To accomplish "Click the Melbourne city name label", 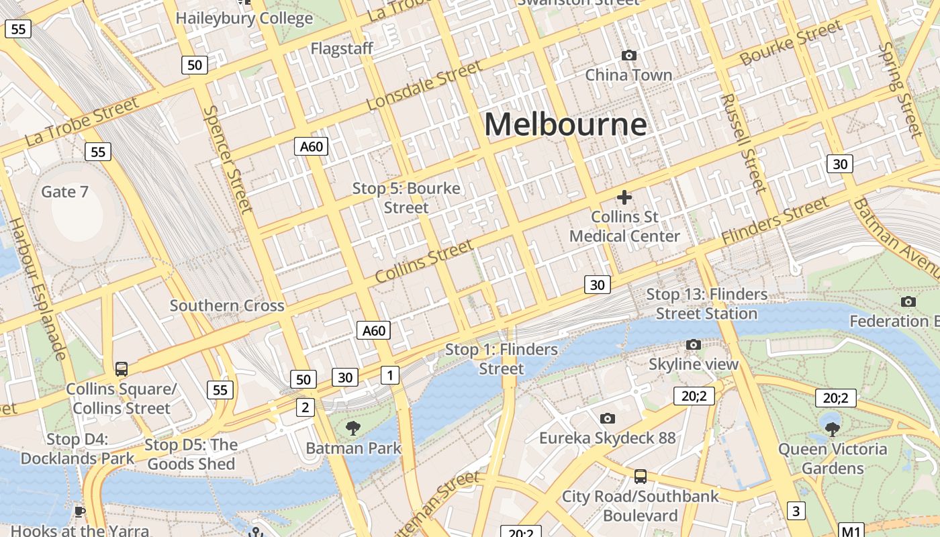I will point(565,125).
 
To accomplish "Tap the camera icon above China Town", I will point(629,55).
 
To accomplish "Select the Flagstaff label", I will point(341,49).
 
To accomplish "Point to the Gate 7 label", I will point(64,192).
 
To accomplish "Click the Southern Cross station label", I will point(227,306).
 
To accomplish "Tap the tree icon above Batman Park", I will point(352,428).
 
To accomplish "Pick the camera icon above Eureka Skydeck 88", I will point(608,419).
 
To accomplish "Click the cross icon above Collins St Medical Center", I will point(624,197).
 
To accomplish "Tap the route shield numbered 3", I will point(796,511).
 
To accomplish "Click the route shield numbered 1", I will point(389,375).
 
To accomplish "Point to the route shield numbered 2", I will point(305,407).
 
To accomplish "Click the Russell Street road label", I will point(743,143).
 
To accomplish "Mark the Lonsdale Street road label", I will point(424,85).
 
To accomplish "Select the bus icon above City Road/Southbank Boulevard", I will point(641,477).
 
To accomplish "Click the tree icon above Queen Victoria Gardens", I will point(833,428).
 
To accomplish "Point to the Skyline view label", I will point(694,364).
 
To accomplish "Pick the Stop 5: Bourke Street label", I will point(406,198).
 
